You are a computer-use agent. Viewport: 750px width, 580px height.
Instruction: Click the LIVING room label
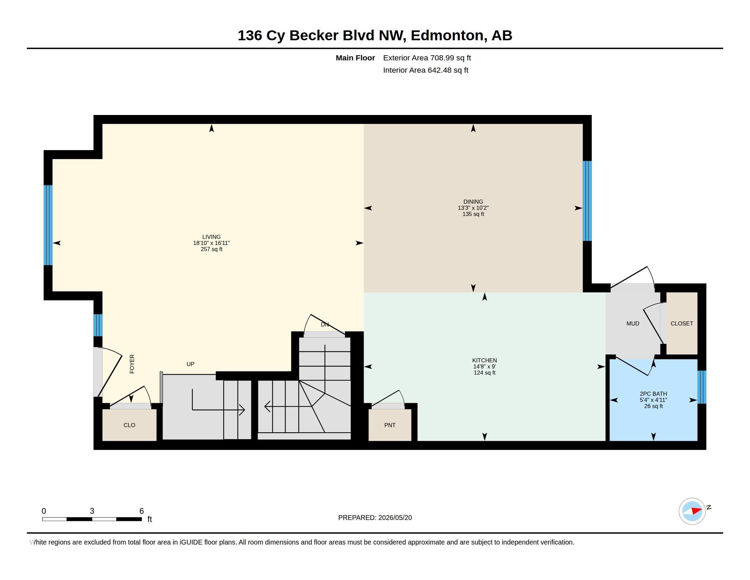point(211,237)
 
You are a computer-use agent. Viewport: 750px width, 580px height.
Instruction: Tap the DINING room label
point(473,202)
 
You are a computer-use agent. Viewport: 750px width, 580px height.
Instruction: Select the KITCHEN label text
point(484,360)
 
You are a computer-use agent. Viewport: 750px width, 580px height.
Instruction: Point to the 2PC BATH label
point(653,394)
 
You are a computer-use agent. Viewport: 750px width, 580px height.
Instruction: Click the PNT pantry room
point(390,425)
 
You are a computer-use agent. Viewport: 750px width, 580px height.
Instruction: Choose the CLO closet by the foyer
point(130,425)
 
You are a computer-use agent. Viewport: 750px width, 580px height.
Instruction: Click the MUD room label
point(632,323)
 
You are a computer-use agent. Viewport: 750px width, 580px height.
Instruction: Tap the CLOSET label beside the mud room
point(682,323)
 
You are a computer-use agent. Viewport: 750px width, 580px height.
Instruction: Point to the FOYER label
point(132,364)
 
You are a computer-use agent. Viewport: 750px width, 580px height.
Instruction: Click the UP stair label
point(190,364)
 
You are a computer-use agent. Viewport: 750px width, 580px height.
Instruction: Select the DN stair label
point(325,324)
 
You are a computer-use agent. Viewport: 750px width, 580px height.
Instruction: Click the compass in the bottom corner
point(692,511)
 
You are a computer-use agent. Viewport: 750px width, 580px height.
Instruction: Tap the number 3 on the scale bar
point(92,511)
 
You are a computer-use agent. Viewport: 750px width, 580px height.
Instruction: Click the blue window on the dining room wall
point(587,201)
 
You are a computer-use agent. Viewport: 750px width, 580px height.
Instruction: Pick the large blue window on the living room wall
point(48,225)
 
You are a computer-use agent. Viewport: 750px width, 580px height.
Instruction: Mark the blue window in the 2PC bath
point(702,387)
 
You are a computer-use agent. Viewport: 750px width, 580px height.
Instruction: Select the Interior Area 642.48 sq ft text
point(425,70)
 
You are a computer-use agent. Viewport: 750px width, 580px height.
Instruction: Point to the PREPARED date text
point(375,518)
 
